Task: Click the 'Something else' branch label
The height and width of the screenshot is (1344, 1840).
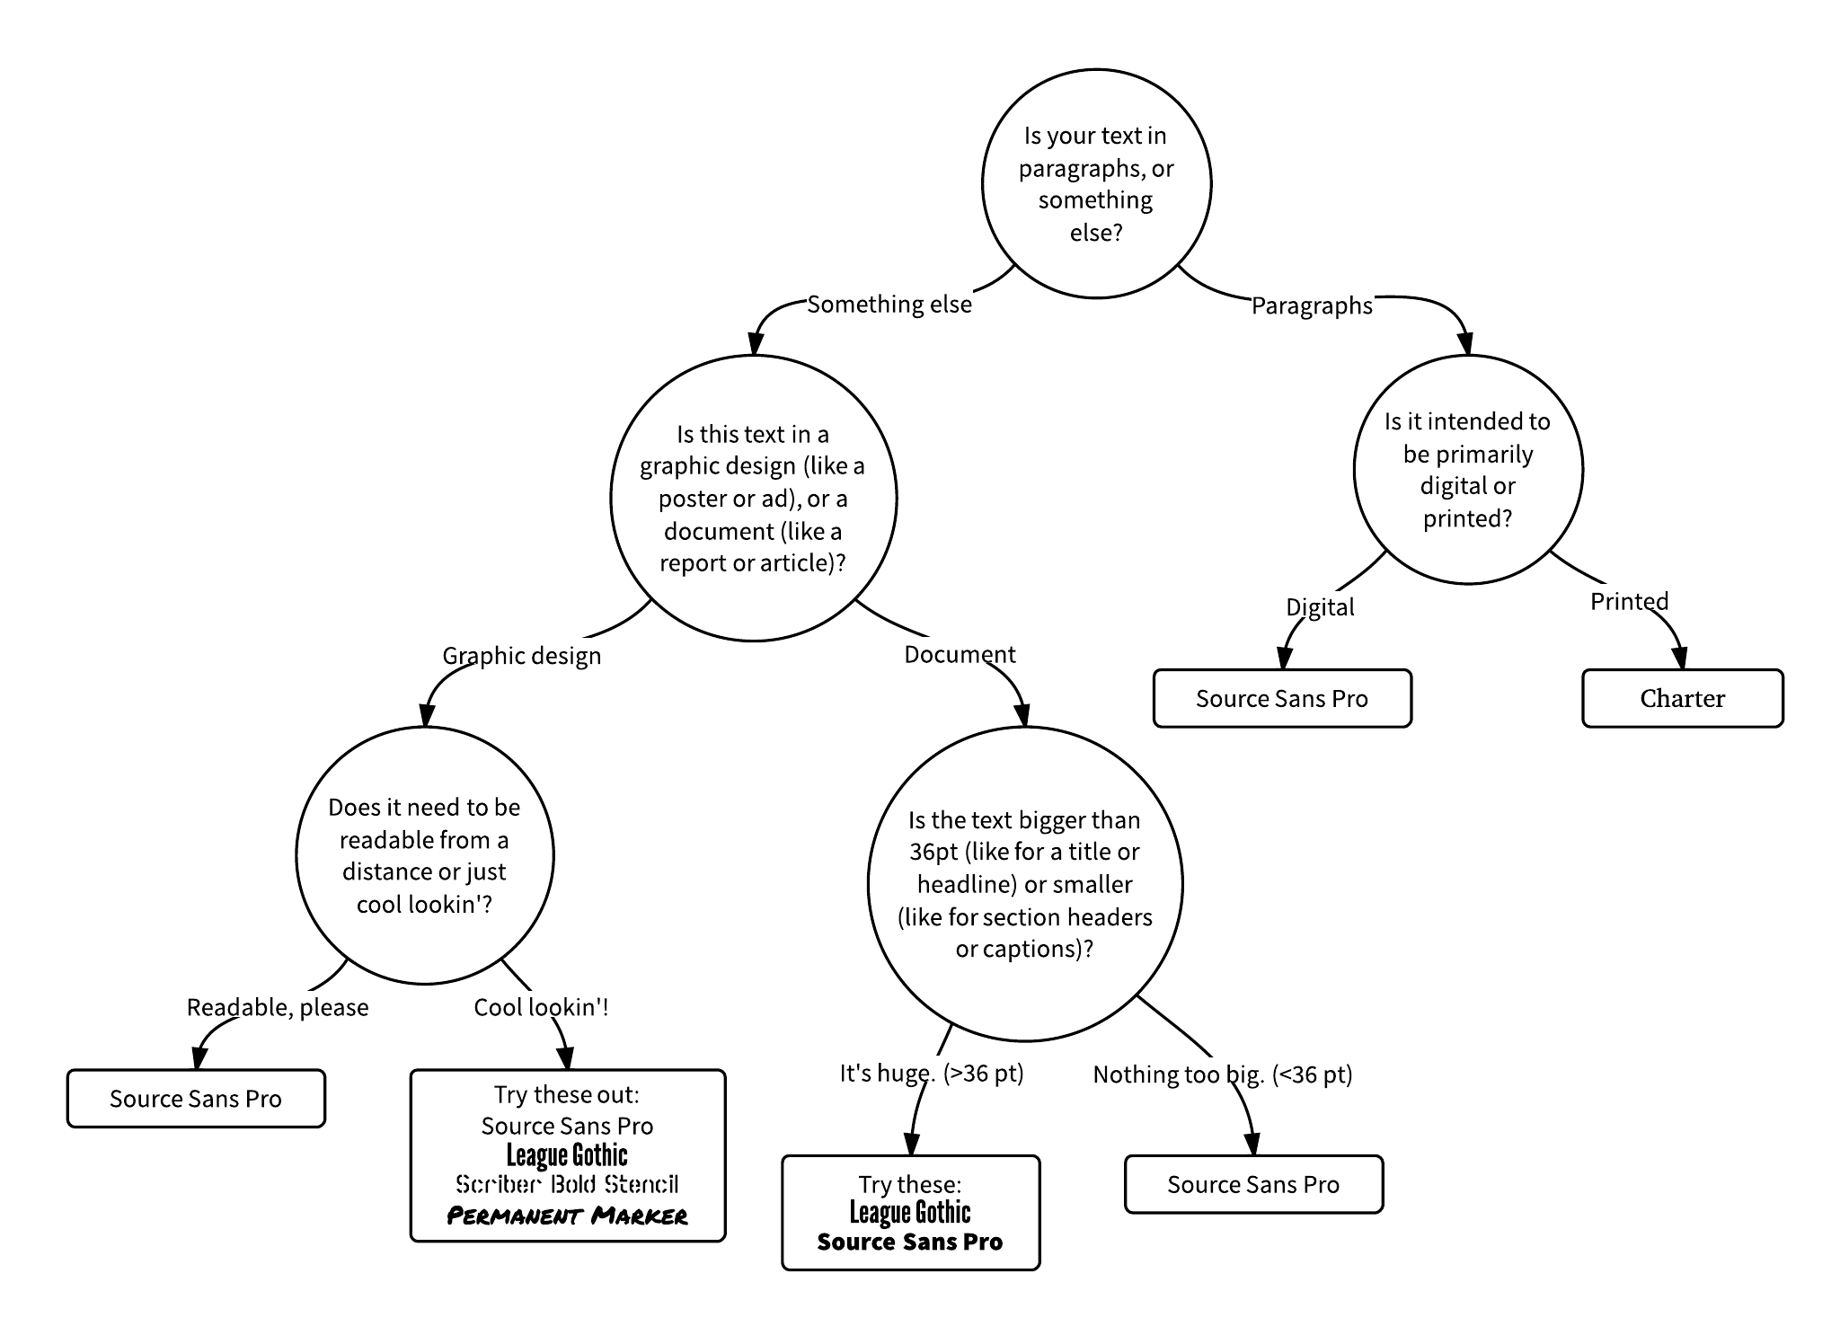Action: pyautogui.click(x=889, y=305)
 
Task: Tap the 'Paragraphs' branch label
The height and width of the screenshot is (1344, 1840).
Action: pyautogui.click(x=1312, y=306)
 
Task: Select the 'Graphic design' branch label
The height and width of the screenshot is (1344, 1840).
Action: pyautogui.click(x=521, y=656)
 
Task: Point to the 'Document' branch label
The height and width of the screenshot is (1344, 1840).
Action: pyautogui.click(x=960, y=654)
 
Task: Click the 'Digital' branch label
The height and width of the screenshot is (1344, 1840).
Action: pyautogui.click(x=1320, y=607)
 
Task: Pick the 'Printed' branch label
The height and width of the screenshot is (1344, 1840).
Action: pyautogui.click(x=1629, y=601)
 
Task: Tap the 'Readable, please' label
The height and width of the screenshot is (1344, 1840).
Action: pyautogui.click(x=278, y=1008)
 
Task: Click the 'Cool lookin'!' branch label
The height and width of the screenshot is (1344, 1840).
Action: pyautogui.click(x=541, y=1007)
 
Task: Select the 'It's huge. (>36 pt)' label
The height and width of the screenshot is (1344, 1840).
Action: pyautogui.click(x=932, y=1074)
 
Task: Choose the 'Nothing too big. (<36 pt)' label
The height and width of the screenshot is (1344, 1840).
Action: pyautogui.click(x=1223, y=1074)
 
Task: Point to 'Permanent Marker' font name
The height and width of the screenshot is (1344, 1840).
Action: pyautogui.click(x=568, y=1216)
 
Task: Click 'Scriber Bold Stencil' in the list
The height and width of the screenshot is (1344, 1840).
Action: pyautogui.click(x=568, y=1184)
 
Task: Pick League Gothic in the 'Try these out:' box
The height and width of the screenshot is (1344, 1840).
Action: pyautogui.click(x=568, y=1155)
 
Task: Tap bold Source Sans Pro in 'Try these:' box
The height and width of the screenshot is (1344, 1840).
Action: pyautogui.click(x=910, y=1242)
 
